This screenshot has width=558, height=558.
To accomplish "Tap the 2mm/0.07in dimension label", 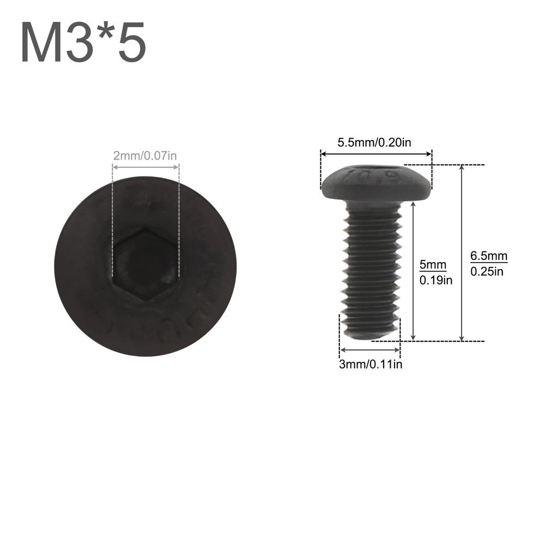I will (x=145, y=156).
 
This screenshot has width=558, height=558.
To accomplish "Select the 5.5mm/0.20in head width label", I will (x=374, y=143).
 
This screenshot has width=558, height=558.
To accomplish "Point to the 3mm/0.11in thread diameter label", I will (x=371, y=365).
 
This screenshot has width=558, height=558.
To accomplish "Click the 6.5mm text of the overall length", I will (x=489, y=256).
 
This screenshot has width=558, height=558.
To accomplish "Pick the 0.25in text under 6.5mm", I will (x=487, y=271).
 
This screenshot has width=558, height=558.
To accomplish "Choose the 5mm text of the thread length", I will (x=433, y=265).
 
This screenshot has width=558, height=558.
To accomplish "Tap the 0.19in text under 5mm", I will (x=436, y=281).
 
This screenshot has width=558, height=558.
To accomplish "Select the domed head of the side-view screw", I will (x=377, y=183).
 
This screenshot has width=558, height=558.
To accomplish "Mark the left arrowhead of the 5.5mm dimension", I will (x=323, y=154).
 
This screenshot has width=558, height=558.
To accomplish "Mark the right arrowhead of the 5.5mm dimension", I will (x=430, y=154).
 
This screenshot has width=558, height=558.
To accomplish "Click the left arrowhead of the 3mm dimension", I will (x=341, y=350).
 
